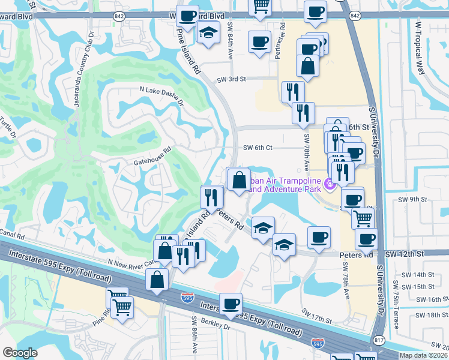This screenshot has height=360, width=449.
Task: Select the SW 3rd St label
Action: (232, 79)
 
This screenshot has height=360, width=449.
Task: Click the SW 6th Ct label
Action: (258, 148)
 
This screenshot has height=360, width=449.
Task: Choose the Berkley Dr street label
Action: (218, 328)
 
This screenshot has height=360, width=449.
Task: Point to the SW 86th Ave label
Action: (194, 335)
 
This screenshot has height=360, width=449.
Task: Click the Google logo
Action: (20, 353)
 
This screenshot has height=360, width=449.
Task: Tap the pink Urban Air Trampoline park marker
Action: (328, 183)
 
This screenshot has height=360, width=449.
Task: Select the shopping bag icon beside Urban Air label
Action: (239, 179)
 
